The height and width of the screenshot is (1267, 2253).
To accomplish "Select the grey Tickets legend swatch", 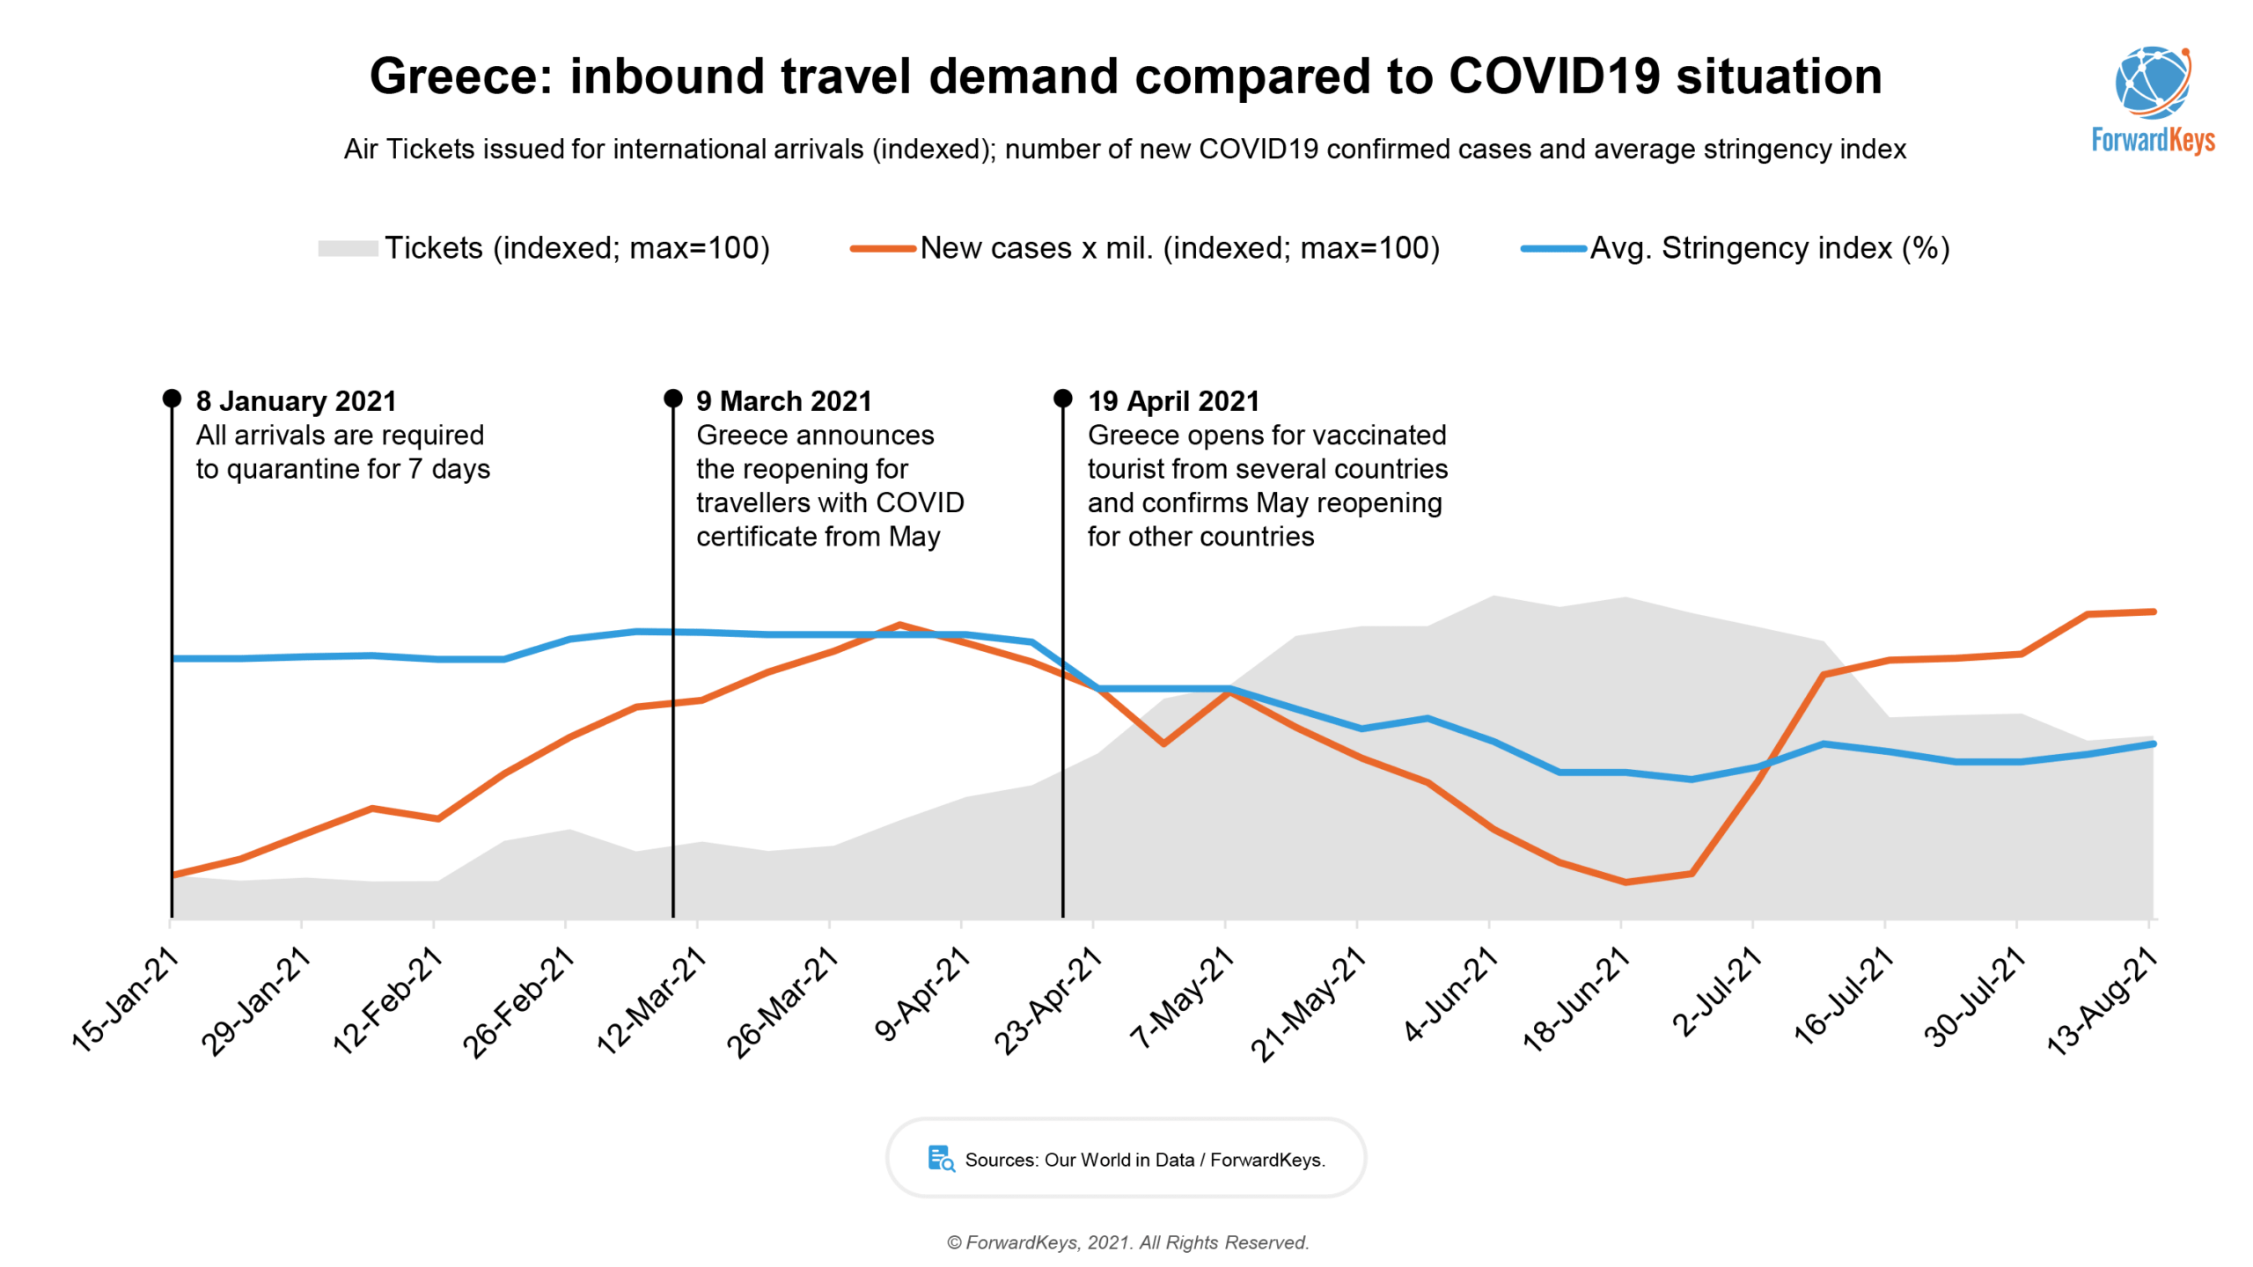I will [x=348, y=249].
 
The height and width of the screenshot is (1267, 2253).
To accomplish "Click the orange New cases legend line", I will [x=883, y=249].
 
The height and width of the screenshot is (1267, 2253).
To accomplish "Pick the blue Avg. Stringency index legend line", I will [x=1553, y=249].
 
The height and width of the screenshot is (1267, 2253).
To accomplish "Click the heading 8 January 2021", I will [x=296, y=401].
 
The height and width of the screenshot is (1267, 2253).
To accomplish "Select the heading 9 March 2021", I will [x=783, y=401].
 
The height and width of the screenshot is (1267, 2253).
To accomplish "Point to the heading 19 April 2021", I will [x=1173, y=401].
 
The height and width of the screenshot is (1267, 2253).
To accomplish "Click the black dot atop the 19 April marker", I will [x=1062, y=399].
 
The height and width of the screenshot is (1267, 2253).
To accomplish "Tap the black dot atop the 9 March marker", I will [x=672, y=399].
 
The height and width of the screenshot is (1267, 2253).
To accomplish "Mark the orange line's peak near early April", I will [x=899, y=625].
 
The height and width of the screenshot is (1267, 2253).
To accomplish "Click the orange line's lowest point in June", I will [x=1625, y=882].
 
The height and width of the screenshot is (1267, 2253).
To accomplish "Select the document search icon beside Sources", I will [x=941, y=1159].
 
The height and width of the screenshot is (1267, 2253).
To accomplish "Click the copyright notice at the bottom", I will [x=1127, y=1242].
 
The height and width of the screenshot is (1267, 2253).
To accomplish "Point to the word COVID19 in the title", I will [x=1554, y=77].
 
